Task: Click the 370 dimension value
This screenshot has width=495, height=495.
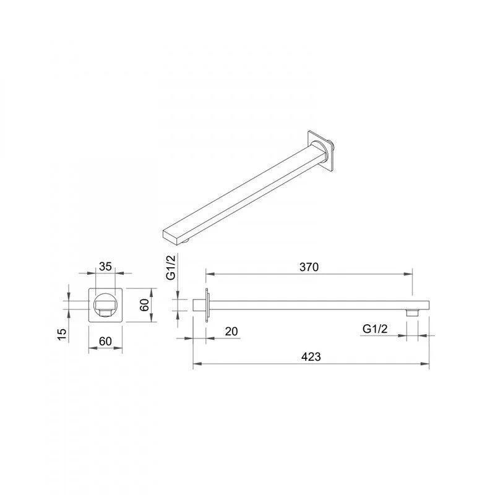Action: (309, 267)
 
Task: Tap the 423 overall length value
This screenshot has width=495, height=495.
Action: (311, 357)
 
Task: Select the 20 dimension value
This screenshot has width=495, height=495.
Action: (231, 332)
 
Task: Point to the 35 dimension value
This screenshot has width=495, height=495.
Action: (105, 267)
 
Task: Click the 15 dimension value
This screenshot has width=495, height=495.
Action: (62, 334)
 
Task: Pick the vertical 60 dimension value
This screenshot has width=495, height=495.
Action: (144, 305)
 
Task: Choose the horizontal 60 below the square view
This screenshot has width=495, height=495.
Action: (105, 342)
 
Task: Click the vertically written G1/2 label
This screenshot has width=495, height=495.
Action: (171, 267)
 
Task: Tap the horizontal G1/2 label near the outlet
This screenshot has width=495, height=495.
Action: (375, 329)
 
